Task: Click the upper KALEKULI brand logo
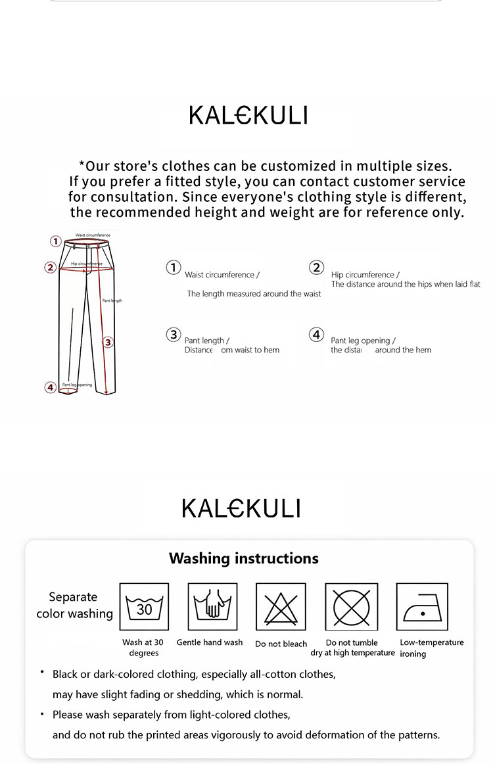pos(248,116)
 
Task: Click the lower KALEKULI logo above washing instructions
pos(241,508)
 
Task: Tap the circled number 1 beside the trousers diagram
pos(57,241)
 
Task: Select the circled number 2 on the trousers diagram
pos(51,268)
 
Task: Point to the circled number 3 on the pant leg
pos(108,342)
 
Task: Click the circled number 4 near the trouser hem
pos(51,387)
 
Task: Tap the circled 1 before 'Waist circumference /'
pos(173,267)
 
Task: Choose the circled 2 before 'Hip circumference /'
pos(317,267)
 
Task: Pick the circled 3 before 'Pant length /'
pos(173,335)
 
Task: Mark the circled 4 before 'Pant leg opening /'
pos(317,335)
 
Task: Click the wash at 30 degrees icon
pos(144,607)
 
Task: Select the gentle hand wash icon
pos(212,607)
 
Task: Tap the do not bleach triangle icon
pos(281,607)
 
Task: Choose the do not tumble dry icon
pos(351,607)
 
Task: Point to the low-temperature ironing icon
pos(421,607)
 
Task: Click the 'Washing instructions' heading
pos(243,558)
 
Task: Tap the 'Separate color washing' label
pos(74,605)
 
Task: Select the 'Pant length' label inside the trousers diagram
pos(112,300)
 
